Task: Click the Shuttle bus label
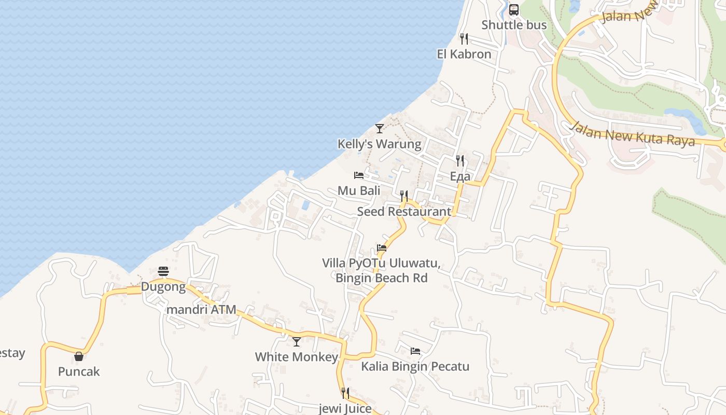tap(514, 25)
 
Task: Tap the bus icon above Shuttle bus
tap(514, 10)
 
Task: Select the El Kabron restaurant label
tap(464, 54)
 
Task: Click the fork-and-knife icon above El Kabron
tap(464, 39)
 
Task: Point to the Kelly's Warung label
tap(379, 144)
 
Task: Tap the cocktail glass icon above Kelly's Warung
tap(380, 128)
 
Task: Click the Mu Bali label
tap(359, 190)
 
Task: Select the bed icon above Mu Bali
tap(359, 175)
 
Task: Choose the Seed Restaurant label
tap(404, 211)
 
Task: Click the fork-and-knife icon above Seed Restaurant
tap(404, 196)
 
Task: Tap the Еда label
tap(460, 176)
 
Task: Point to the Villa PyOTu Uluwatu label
tap(381, 263)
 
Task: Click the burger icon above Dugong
tap(163, 271)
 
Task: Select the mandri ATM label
tap(201, 310)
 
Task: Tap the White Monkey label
tap(296, 357)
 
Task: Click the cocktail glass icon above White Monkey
tap(297, 342)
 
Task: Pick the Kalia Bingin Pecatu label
tap(415, 366)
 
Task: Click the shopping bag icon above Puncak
tap(79, 356)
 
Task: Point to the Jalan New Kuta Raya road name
tap(632, 134)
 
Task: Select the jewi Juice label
tap(345, 408)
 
